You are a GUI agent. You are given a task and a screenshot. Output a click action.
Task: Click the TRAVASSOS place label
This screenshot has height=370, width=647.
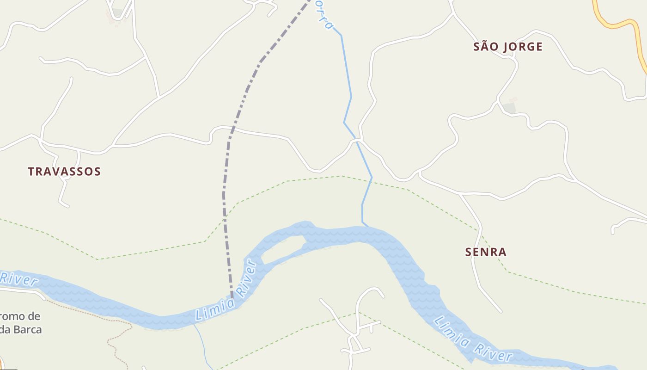pyautogui.click(x=64, y=172)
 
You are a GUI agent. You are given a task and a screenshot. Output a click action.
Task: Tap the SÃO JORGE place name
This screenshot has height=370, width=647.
pyautogui.click(x=508, y=47)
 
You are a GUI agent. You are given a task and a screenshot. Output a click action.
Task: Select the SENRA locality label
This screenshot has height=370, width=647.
pyautogui.click(x=486, y=252)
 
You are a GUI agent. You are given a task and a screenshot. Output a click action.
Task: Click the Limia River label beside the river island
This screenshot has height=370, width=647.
pyautogui.click(x=226, y=290)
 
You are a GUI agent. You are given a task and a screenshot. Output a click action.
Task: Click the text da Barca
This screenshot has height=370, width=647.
pyautogui.click(x=21, y=330)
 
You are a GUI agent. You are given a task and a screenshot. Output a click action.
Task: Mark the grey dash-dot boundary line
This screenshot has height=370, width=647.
pyautogui.click(x=225, y=185)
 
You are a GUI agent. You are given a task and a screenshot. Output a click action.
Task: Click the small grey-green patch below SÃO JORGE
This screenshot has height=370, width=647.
pyautogui.click(x=509, y=108)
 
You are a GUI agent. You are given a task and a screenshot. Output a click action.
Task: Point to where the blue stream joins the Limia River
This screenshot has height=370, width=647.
pyautogui.click(x=367, y=226)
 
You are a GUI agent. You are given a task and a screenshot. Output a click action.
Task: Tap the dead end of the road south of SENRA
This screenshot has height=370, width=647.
pyautogui.click(x=501, y=311)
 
